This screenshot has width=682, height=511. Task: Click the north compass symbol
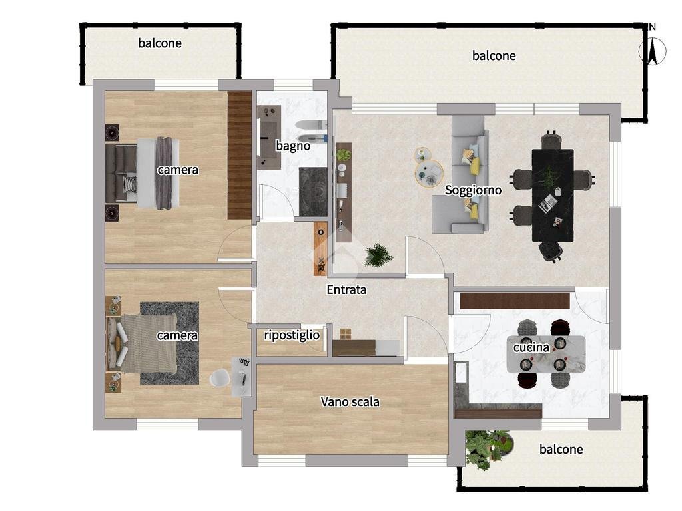click(x=652, y=50)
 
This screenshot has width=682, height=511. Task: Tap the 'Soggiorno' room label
click(x=473, y=190)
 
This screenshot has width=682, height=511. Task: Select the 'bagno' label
click(x=293, y=146)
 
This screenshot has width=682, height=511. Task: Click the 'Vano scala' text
click(x=350, y=401)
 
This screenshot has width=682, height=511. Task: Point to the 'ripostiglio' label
click(x=292, y=335)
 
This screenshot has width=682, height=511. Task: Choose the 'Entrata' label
click(x=346, y=290)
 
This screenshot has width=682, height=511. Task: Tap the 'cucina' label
click(x=531, y=347)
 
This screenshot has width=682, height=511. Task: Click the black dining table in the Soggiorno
click(x=552, y=194)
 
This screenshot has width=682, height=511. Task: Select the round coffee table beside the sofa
click(x=428, y=174)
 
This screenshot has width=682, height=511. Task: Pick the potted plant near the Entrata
click(x=378, y=255)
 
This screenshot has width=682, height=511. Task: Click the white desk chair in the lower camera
click(x=218, y=378)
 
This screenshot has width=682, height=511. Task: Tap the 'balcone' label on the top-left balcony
click(x=160, y=43)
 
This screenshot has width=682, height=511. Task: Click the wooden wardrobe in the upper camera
click(x=240, y=156)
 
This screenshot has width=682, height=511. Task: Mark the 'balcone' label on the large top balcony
click(x=494, y=56)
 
